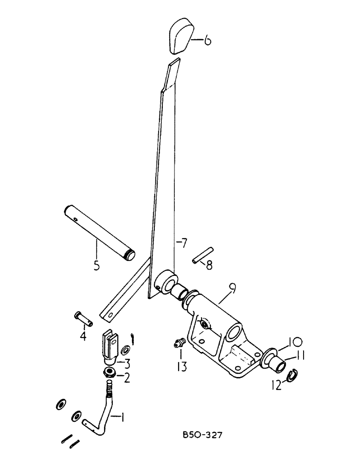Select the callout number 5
click(97, 267)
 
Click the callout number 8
click(209, 266)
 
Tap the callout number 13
click(181, 368)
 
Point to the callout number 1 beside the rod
click(122, 418)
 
